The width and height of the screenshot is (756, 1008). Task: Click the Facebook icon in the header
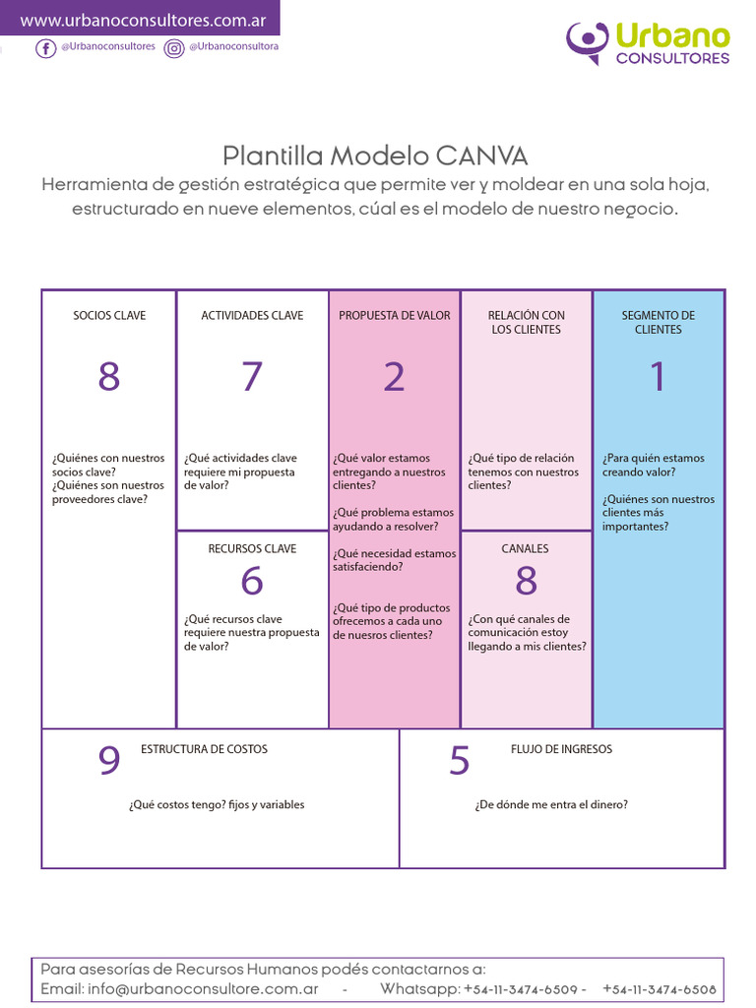(45, 48)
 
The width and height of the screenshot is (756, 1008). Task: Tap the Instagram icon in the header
(174, 48)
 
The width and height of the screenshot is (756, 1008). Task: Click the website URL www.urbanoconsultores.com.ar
(143, 20)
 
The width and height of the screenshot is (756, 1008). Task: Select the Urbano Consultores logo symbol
(588, 42)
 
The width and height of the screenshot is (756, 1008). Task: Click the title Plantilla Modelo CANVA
(375, 156)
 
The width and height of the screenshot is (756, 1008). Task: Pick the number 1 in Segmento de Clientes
(658, 376)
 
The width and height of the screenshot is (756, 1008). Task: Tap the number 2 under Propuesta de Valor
(394, 377)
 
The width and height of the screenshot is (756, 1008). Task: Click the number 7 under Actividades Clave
(252, 377)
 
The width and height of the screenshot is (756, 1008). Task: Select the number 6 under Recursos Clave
(252, 582)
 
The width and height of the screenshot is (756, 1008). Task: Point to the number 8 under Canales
(526, 582)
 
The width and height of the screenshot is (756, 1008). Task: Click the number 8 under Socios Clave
(109, 377)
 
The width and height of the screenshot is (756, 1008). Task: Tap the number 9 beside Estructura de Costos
(109, 761)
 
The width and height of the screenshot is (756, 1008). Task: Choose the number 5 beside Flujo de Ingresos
(459, 761)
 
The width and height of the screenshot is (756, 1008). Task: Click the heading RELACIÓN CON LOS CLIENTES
(526, 323)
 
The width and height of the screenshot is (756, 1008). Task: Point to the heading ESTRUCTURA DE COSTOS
(204, 749)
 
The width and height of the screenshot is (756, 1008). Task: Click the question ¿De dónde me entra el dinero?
(551, 805)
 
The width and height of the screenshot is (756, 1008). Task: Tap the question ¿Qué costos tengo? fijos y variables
(217, 805)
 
